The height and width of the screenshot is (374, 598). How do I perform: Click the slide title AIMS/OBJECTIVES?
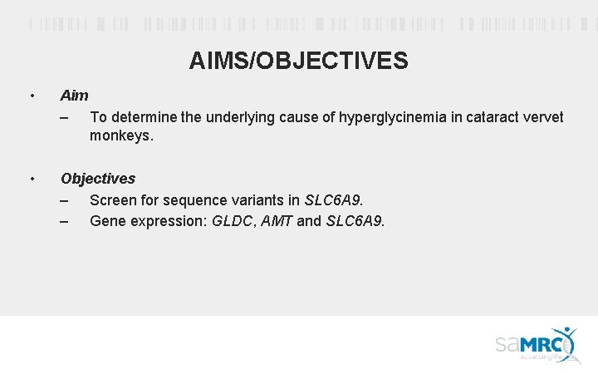[298, 61]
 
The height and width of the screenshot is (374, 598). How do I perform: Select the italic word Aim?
[75, 96]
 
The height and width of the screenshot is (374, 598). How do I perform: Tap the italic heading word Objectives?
[98, 179]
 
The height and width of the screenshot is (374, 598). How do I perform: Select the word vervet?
[544, 117]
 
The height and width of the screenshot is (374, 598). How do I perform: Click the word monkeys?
[121, 135]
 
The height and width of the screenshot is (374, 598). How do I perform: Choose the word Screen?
[112, 200]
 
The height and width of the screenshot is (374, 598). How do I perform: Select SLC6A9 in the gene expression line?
[354, 221]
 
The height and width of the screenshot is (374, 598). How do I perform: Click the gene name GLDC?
[233, 221]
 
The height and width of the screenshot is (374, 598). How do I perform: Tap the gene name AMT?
[277, 221]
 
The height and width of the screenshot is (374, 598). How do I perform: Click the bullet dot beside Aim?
[31, 96]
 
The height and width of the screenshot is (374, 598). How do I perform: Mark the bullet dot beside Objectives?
[31, 180]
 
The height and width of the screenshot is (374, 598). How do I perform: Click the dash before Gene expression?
[65, 221]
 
